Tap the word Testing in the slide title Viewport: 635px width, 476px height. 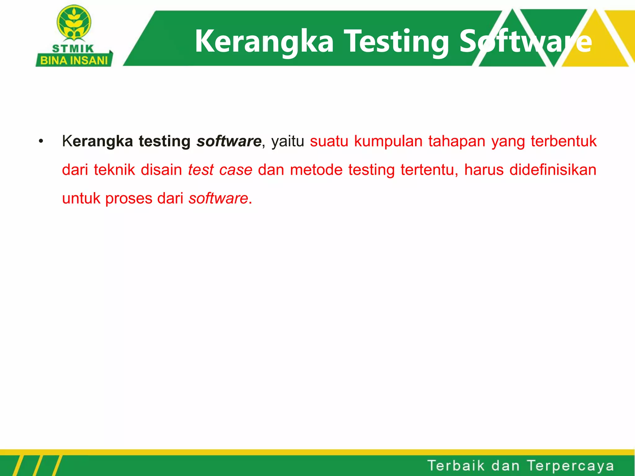(397, 42)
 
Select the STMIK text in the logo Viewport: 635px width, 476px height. (73, 49)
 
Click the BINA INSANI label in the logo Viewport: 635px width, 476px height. (74, 60)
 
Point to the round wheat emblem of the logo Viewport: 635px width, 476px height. (74, 23)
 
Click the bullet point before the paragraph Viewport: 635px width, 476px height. (41, 142)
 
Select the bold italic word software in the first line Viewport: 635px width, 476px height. (229, 141)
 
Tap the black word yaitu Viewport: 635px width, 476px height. (287, 141)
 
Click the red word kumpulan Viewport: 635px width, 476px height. (388, 141)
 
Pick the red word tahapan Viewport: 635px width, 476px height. (457, 141)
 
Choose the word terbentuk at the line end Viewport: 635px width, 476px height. (563, 141)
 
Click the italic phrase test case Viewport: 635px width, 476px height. (220, 170)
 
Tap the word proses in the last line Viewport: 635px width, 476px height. (129, 199)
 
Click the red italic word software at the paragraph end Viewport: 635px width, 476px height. (218, 198)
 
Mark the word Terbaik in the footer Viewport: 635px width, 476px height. (456, 466)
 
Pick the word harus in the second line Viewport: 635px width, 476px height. (484, 170)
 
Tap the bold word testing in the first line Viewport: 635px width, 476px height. (164, 141)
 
